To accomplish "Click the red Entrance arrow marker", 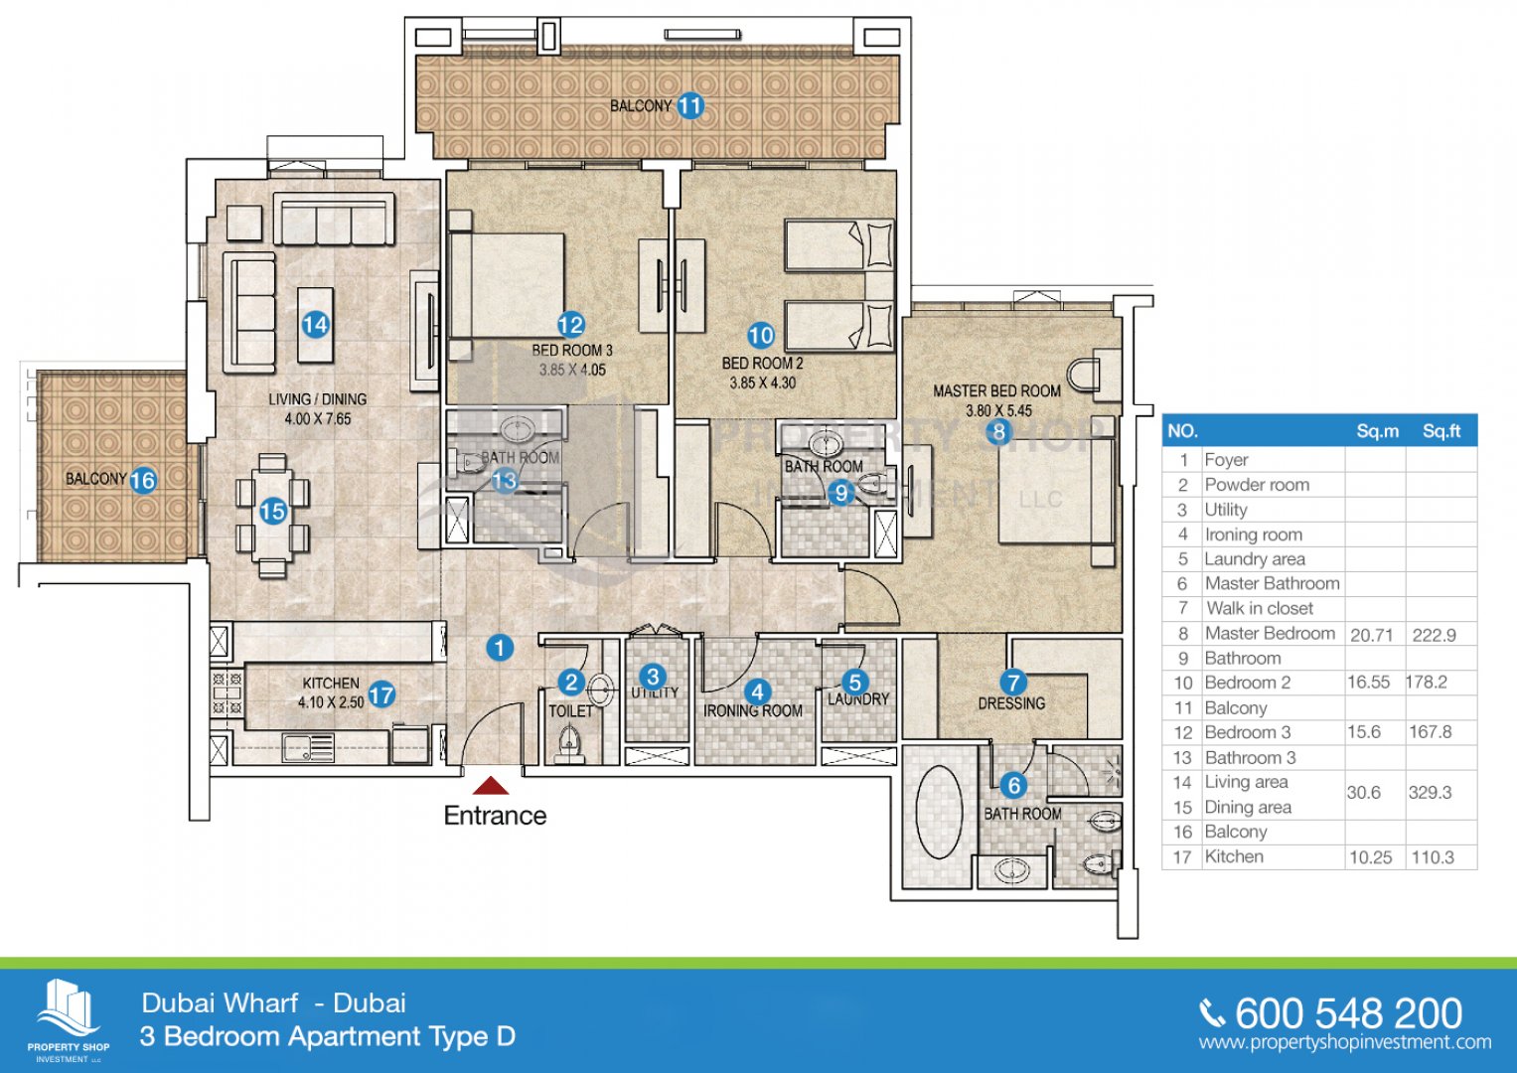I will click(491, 786).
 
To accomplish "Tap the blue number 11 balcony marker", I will click(690, 105).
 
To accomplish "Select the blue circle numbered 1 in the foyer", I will click(500, 648).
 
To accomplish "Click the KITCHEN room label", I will click(331, 684).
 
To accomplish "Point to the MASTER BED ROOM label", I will click(996, 391).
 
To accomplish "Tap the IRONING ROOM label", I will click(752, 710).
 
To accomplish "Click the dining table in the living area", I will click(272, 514).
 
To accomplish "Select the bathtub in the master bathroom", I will click(939, 811).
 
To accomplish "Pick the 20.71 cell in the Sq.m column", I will click(1371, 635).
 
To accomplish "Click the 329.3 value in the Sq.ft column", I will click(1430, 793).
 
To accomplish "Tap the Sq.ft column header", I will click(1441, 431).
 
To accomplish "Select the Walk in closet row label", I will click(1259, 608).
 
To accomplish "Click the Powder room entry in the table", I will click(1257, 485).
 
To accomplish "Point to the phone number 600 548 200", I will click(1348, 1013).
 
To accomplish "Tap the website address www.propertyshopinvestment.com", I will click(1344, 1042).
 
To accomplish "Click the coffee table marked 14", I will click(316, 325).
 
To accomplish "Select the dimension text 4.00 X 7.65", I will click(318, 419).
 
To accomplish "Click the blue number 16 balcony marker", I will click(143, 481).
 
